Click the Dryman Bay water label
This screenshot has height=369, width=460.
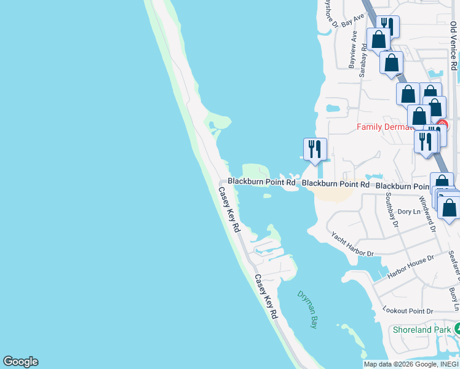click(x=307, y=309)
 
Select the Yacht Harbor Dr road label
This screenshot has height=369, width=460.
click(x=352, y=244)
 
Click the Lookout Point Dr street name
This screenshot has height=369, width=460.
click(x=408, y=311)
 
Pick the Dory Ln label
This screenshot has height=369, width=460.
click(x=408, y=212)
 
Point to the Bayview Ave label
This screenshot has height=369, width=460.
click(x=353, y=50)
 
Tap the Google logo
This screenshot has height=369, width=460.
click(x=20, y=362)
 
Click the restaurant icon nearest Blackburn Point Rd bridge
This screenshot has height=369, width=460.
click(x=315, y=149)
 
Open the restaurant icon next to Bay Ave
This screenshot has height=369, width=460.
click(x=387, y=26)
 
